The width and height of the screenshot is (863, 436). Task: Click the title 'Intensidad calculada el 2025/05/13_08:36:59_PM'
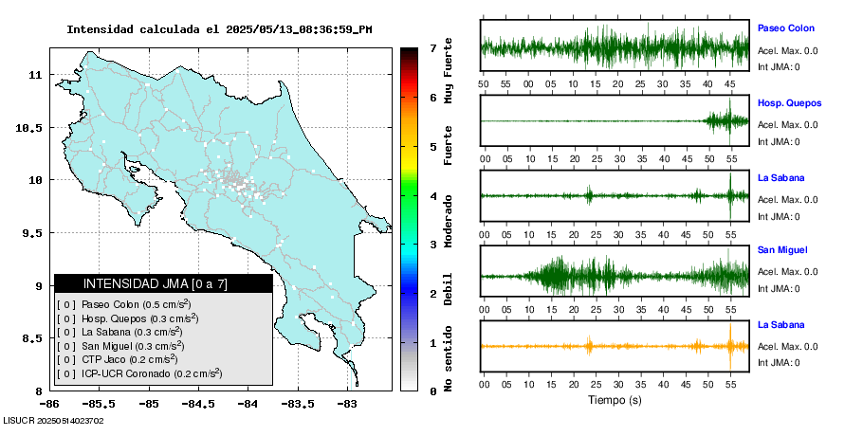(219, 29)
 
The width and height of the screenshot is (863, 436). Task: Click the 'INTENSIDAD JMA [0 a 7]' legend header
(163, 283)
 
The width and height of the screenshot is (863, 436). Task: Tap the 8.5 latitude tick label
(35, 338)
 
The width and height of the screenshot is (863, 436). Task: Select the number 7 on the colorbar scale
(432, 47)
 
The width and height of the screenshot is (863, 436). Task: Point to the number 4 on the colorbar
(432, 195)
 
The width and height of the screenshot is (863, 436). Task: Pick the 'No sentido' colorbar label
(449, 359)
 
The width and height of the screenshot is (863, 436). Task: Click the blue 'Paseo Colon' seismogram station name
(785, 28)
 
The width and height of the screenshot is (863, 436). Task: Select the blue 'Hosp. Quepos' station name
(789, 102)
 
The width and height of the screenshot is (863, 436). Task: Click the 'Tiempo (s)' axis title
(615, 400)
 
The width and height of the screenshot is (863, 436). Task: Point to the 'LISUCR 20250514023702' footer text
(54, 420)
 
